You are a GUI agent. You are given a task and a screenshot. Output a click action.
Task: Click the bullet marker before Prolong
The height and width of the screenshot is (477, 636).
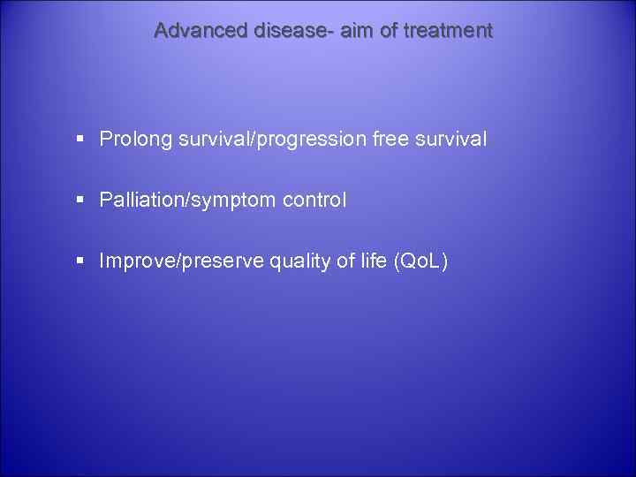pyautogui.click(x=80, y=140)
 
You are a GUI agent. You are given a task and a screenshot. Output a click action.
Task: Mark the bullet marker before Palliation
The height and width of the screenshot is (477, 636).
pyautogui.click(x=80, y=201)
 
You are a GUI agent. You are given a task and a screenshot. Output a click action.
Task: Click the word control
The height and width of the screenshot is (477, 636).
pyautogui.click(x=314, y=201)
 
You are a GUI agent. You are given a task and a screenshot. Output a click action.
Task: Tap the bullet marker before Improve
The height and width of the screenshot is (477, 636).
pyautogui.click(x=80, y=261)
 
